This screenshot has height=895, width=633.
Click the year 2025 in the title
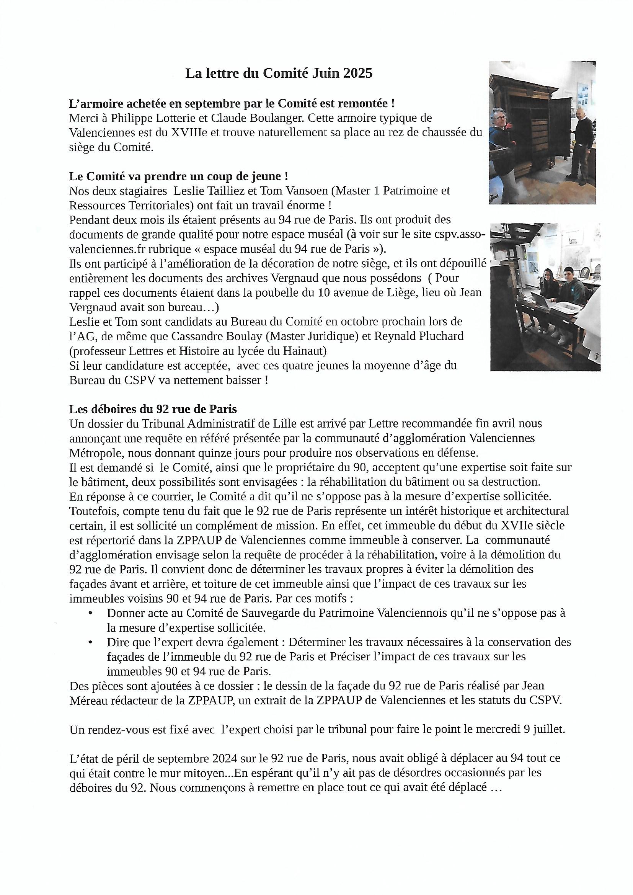click(x=358, y=73)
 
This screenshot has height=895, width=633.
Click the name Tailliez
click(x=225, y=191)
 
